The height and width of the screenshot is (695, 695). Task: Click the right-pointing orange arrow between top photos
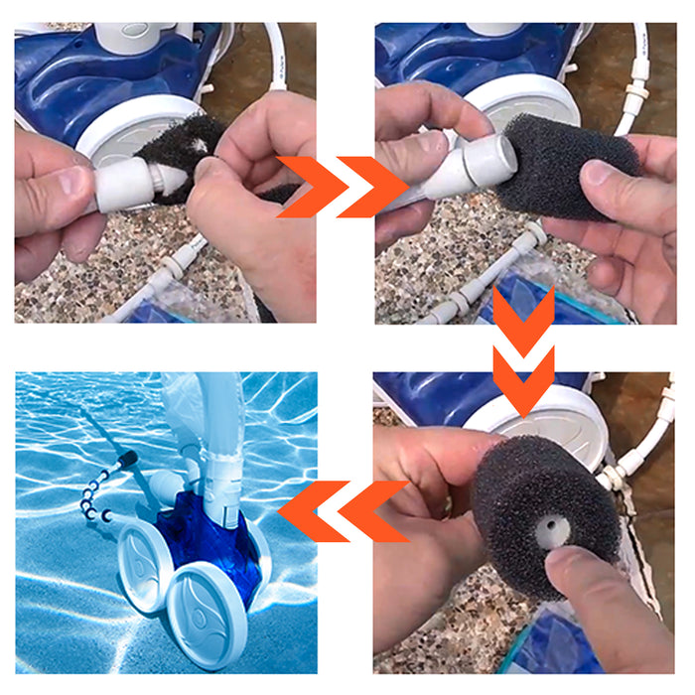[343, 186]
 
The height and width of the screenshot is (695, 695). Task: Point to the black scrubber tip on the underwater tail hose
[127, 460]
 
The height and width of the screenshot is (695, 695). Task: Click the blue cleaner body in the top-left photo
[69, 79]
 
